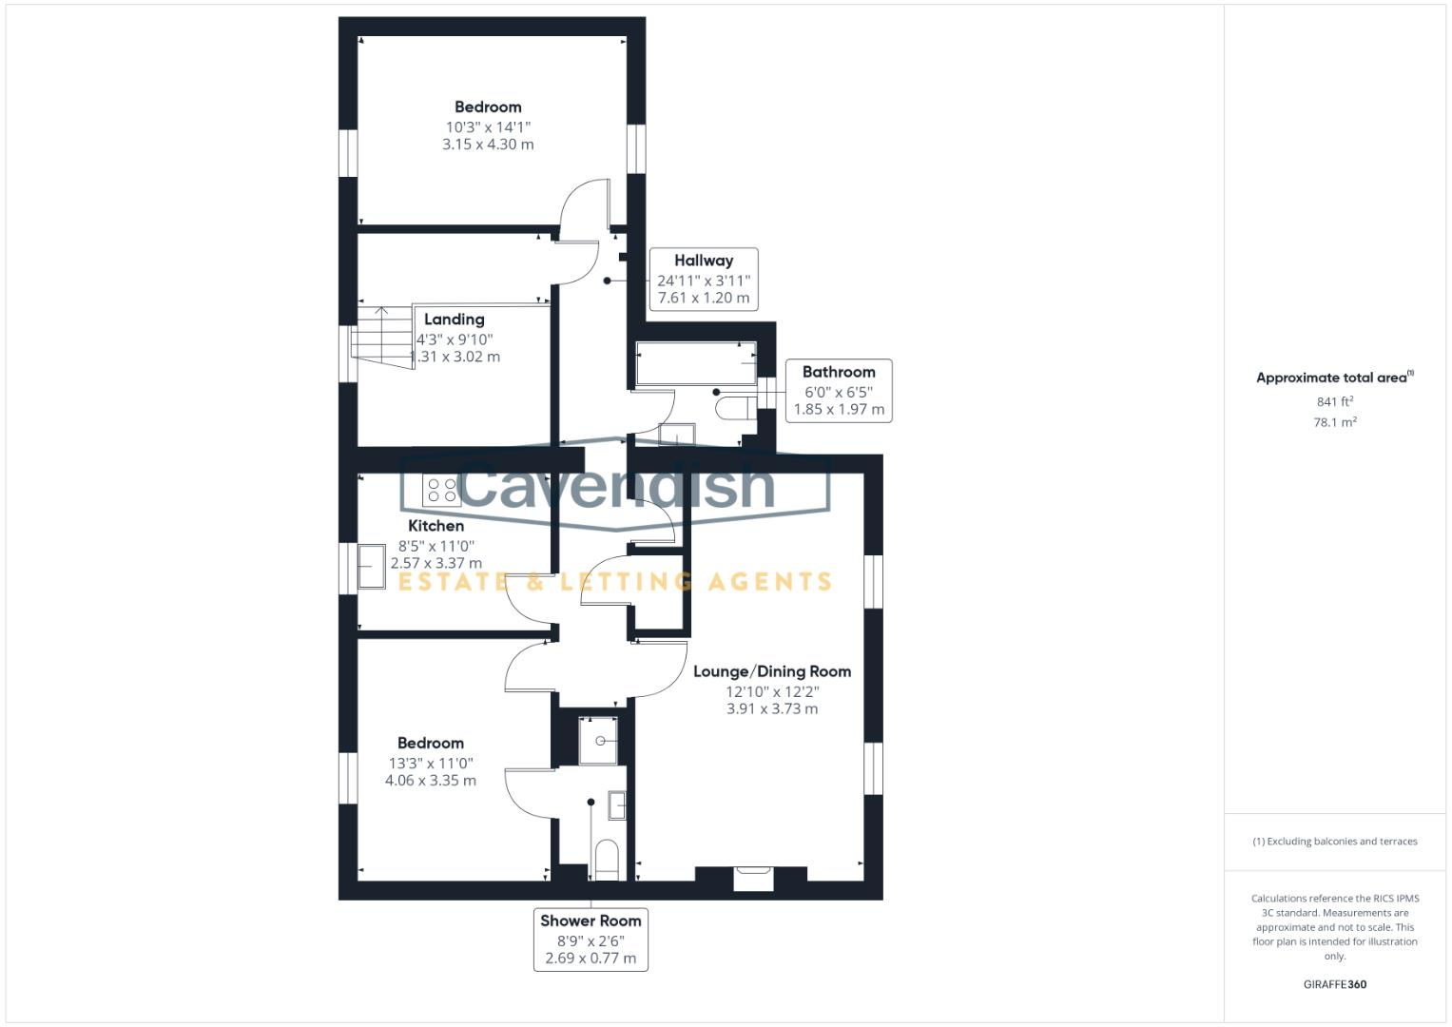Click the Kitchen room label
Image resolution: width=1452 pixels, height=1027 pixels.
436,526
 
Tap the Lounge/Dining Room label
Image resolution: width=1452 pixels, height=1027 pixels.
771,671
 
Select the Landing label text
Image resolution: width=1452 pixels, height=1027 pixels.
454,320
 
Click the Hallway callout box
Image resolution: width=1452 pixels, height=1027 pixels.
704,279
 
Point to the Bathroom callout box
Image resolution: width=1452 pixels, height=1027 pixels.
838,390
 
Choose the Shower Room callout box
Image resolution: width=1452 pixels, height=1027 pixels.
590,939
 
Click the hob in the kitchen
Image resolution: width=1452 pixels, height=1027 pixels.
441,490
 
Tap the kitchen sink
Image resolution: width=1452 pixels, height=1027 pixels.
371,567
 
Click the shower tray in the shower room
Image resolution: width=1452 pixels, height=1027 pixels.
598,741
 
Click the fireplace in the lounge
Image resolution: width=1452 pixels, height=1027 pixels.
753,878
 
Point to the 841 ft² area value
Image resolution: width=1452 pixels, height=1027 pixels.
1334,402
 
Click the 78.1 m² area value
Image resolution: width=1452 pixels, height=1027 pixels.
1334,422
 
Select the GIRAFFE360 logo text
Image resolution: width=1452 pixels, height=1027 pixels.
1334,984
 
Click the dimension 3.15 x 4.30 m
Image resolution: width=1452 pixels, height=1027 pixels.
488,145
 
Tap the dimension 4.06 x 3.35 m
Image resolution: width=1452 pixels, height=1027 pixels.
431,781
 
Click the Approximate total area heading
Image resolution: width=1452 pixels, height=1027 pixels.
1334,378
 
